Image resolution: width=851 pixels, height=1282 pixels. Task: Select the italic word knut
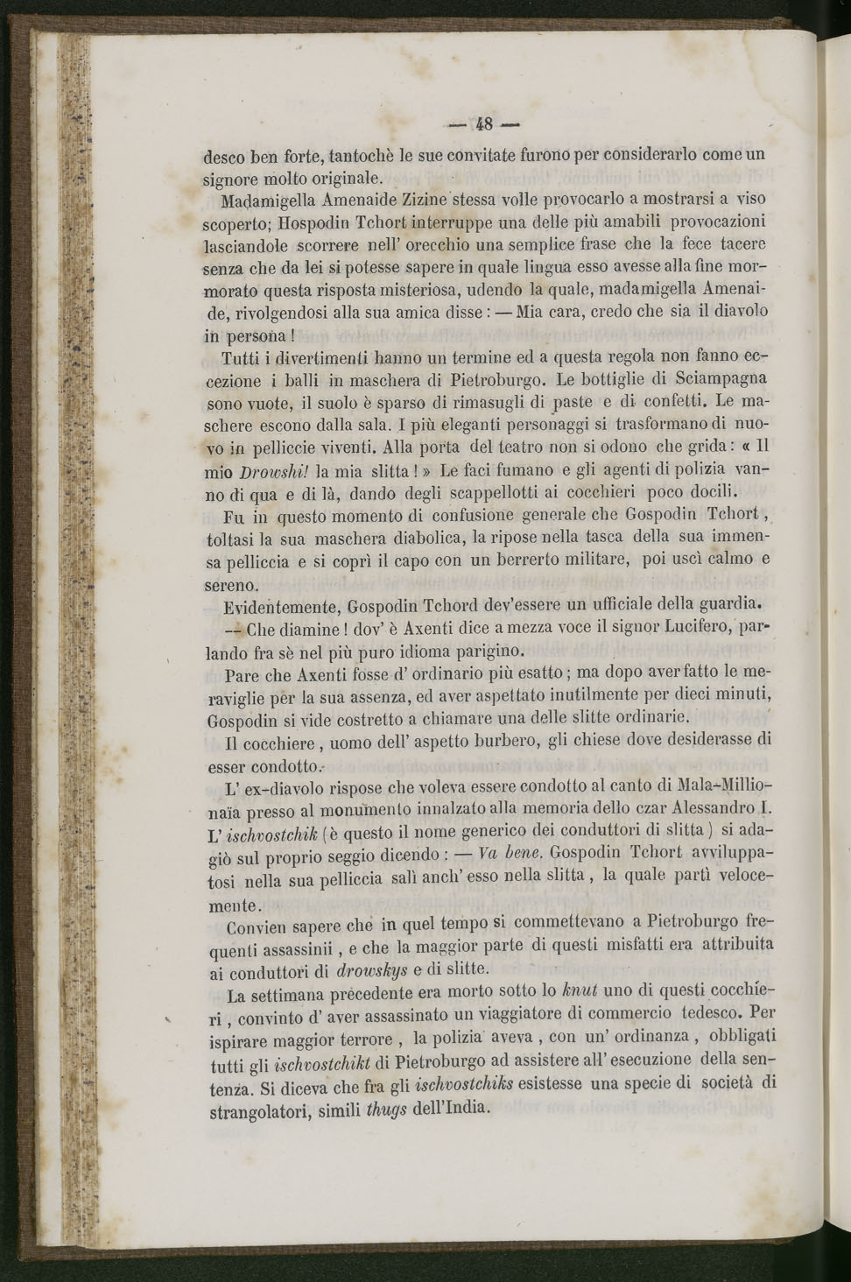point(580,992)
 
